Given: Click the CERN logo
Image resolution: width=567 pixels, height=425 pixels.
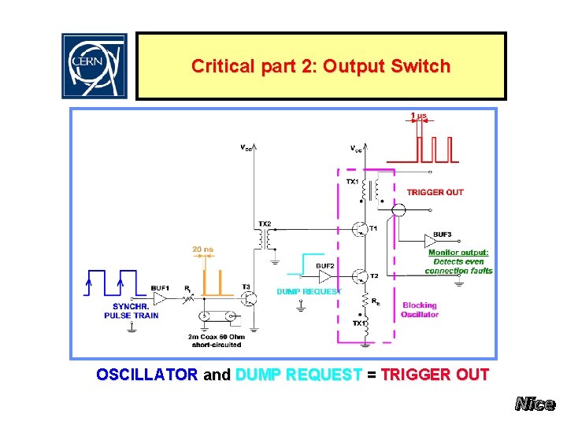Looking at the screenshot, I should coord(94,66).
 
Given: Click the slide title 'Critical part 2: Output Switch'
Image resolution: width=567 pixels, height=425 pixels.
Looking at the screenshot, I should coord(321,66).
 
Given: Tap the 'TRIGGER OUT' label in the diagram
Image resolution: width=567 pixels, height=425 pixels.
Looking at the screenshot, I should coord(435,192).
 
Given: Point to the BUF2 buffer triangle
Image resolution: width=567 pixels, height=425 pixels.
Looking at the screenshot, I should coord(324,276).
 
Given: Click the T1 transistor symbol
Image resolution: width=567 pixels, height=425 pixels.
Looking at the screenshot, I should coord(361,229).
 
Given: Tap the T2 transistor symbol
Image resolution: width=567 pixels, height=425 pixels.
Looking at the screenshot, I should coord(361,276).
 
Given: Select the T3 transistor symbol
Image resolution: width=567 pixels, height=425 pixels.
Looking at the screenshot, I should coord(248,299).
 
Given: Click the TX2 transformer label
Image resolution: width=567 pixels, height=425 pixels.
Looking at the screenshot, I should coord(265,224).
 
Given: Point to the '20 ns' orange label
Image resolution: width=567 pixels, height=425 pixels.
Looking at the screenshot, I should coord(202,249).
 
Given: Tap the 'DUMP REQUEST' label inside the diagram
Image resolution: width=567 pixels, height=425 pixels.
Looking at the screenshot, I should coord(309,292).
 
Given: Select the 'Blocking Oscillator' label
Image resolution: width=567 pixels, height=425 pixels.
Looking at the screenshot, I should coord(420,310).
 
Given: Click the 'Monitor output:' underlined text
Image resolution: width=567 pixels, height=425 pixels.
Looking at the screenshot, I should coord(458,253).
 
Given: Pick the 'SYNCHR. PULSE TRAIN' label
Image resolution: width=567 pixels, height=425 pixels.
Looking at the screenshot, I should coord(131,311).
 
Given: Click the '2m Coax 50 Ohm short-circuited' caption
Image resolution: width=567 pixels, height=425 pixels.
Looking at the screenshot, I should coord(214,340).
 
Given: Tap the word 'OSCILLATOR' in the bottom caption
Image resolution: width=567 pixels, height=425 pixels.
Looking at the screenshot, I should coord(146,375).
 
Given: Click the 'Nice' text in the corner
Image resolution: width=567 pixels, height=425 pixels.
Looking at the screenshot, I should coord(535,405).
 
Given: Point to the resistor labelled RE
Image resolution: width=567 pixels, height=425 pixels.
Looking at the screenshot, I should coord(367,300).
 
